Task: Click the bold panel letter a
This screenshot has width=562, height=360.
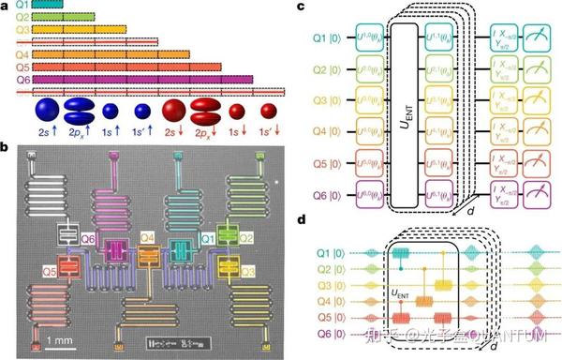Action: pyautogui.click(x=6, y=7)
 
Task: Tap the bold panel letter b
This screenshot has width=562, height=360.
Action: pyautogui.click(x=6, y=146)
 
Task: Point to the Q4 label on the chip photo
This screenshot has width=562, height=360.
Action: pyautogui.click(x=147, y=237)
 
